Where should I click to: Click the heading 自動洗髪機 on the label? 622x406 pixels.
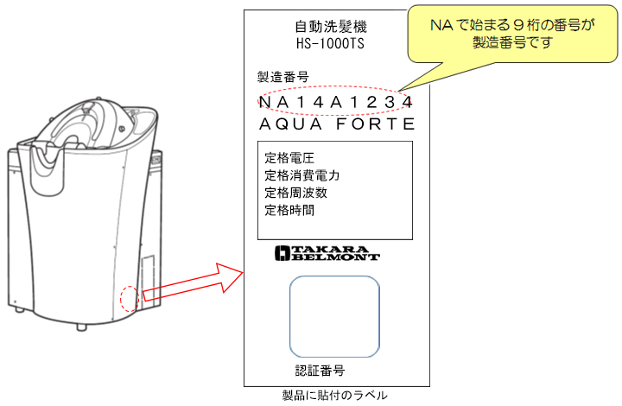(331, 27)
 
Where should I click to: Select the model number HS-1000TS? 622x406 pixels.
(330, 43)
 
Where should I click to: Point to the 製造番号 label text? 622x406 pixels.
(282, 77)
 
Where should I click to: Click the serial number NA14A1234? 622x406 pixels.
(335, 102)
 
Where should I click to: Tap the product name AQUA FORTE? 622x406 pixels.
(337, 124)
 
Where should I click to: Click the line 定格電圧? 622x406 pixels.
(289, 158)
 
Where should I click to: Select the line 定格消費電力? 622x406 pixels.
(301, 175)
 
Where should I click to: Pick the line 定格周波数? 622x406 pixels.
(296, 193)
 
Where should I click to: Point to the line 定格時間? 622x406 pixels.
(289, 210)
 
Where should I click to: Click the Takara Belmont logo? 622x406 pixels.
(327, 253)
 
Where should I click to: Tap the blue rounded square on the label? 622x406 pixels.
(334, 316)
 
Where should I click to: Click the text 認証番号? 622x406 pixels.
(320, 371)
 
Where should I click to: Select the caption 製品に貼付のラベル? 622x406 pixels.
(334, 396)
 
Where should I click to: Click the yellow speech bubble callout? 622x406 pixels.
(512, 34)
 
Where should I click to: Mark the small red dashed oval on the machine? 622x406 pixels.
(130, 299)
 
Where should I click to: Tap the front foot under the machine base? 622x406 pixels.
(81, 327)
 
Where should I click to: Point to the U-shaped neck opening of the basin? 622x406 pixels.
(48, 167)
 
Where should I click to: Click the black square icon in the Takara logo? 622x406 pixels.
(282, 253)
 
